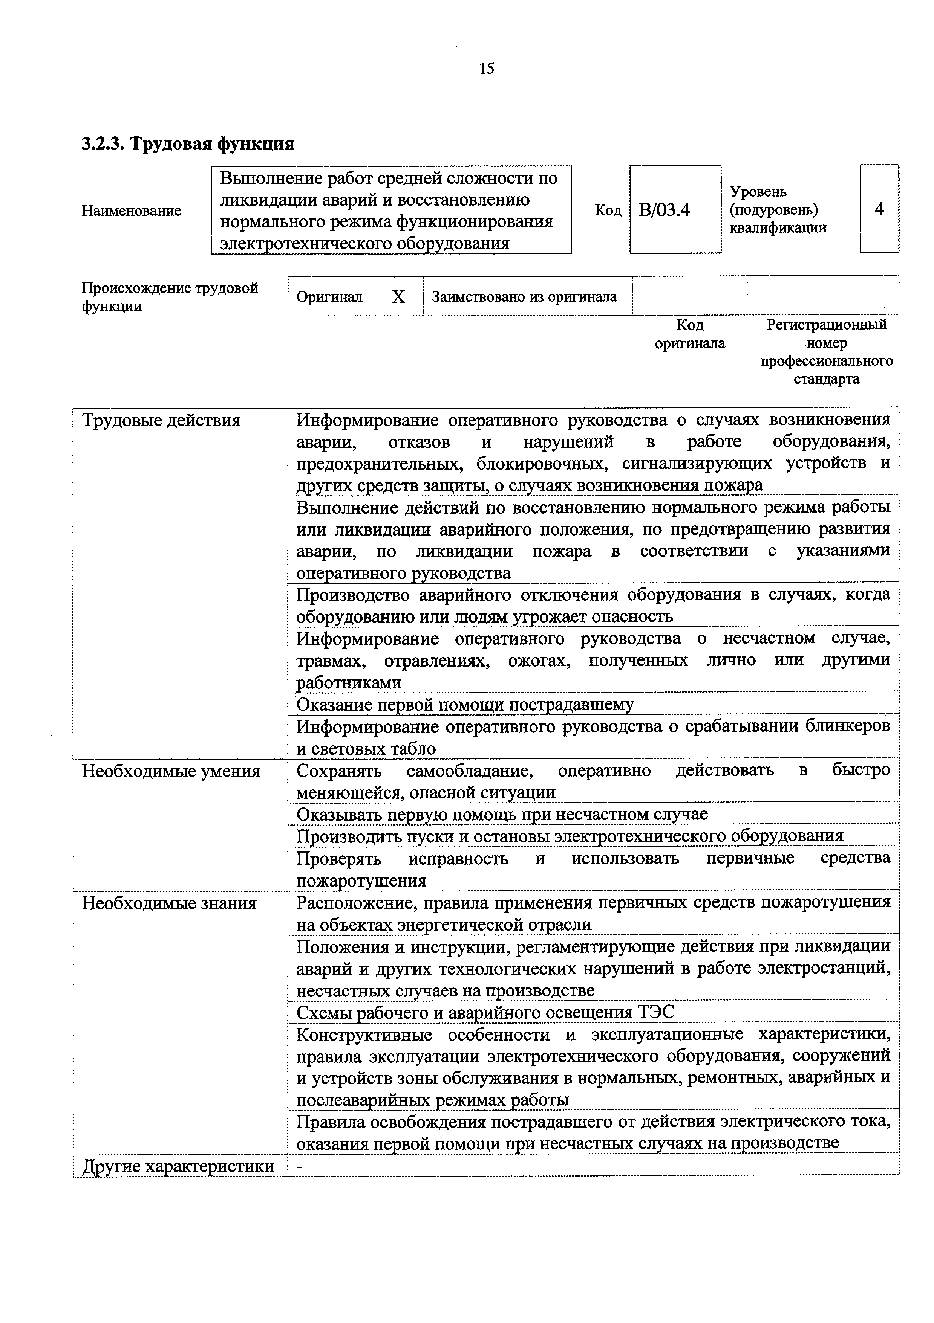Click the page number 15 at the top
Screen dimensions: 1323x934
tap(486, 69)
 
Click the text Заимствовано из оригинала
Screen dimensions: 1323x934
tap(524, 297)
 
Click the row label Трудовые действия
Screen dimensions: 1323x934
tap(161, 421)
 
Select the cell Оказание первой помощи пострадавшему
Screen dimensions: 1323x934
tap(465, 705)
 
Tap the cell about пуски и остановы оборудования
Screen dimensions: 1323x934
tap(570, 836)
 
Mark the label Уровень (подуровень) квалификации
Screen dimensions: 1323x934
tap(778, 209)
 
